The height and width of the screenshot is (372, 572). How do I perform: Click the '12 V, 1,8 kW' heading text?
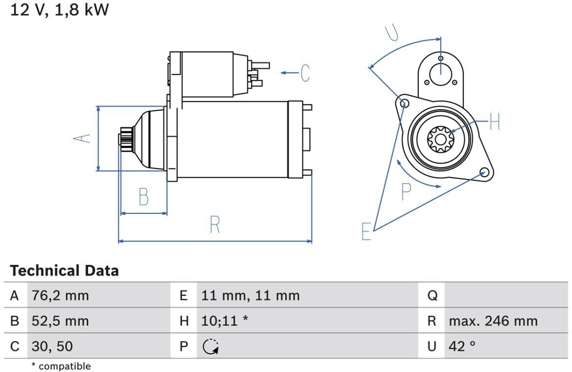[59, 9]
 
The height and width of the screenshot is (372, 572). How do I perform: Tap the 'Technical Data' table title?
[64, 271]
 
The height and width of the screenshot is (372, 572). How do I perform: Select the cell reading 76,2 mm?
[60, 296]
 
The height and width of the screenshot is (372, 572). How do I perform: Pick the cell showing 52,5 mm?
[60, 321]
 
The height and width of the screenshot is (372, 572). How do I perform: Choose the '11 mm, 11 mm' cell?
[250, 296]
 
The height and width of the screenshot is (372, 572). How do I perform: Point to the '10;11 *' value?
[224, 321]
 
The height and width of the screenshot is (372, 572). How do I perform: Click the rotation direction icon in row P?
[211, 347]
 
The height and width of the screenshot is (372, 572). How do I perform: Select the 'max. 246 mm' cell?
[493, 321]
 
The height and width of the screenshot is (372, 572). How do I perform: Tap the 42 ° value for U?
[462, 346]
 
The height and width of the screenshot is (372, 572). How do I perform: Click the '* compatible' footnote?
[61, 366]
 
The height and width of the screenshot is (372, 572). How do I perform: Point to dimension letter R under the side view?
[215, 225]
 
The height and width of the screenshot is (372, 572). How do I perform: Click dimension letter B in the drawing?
[143, 197]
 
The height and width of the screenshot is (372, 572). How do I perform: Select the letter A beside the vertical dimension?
[82, 139]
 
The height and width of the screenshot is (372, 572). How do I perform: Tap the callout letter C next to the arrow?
[305, 73]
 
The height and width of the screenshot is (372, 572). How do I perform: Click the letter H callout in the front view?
[494, 121]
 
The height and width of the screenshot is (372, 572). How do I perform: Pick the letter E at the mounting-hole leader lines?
[366, 231]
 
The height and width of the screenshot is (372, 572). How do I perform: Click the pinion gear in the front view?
[441, 139]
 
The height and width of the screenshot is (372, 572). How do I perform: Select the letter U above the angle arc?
[392, 32]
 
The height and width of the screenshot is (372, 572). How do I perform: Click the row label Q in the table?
[432, 296]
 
